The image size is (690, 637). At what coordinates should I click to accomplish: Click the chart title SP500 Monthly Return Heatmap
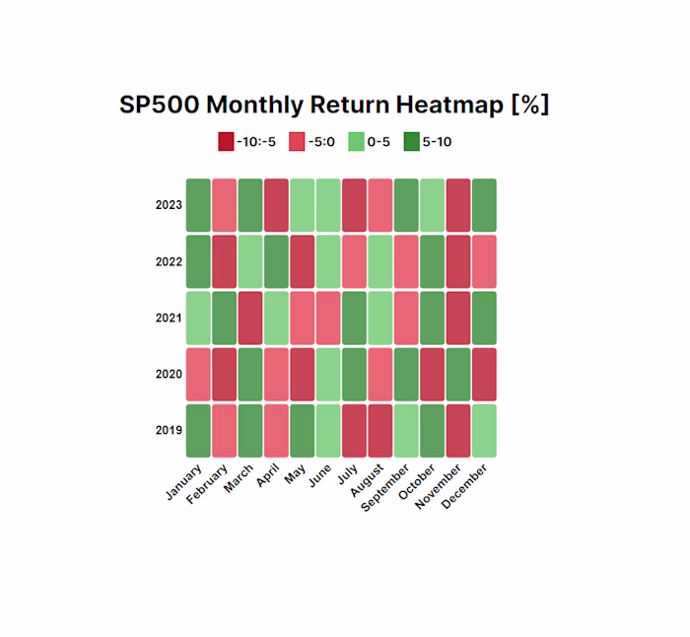coord(334,105)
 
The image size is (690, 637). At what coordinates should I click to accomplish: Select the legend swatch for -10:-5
coord(226,142)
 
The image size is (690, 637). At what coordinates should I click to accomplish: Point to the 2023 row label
coord(169,205)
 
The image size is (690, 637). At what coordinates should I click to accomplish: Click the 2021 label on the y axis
coord(169,318)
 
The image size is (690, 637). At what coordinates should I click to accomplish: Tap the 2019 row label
coord(169,431)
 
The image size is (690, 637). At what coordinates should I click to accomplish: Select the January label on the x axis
coord(185,482)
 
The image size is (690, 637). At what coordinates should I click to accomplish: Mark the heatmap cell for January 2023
coord(198,205)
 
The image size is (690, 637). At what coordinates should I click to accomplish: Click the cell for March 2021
coord(250,318)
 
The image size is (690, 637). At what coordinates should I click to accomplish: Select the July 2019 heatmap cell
coord(354,431)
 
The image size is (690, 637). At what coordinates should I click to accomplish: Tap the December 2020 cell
coord(484,375)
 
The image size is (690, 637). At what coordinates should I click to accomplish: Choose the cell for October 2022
coord(432,261)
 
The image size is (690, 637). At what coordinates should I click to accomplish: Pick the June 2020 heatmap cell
coord(328,375)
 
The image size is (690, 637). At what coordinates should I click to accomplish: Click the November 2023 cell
coord(458,205)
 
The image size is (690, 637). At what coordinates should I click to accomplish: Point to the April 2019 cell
coord(276,431)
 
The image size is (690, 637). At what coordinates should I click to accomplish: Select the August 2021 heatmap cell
coord(379,318)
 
